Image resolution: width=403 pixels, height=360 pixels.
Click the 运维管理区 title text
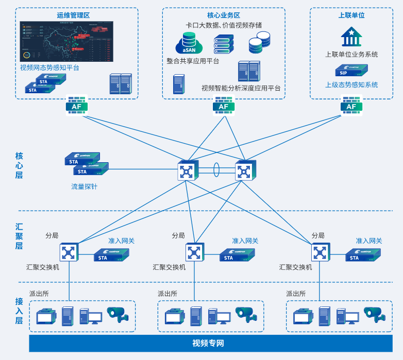tap(73, 15)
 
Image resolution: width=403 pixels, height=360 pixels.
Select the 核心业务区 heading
tap(224, 15)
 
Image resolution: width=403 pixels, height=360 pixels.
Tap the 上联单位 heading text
tap(351, 15)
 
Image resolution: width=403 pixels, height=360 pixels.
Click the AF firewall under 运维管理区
tap(77, 106)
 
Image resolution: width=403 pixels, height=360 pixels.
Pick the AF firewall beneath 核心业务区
tap(224, 106)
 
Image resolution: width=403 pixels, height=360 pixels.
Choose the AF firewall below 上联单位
tap(351, 106)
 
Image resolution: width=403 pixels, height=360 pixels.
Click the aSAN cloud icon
tap(189, 44)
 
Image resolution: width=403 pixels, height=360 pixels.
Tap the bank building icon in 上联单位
tap(351, 37)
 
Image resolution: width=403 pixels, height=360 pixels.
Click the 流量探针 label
tap(84, 186)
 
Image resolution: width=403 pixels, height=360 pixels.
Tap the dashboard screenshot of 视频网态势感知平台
tap(66, 42)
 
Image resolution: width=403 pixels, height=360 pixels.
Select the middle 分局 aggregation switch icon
tap(194, 252)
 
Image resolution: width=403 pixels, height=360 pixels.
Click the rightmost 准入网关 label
tap(369, 241)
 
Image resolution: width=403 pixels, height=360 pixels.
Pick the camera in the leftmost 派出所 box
tap(117, 314)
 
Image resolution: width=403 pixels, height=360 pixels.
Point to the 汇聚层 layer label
tap(19, 236)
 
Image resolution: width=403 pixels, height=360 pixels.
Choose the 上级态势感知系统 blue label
tap(351, 85)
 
